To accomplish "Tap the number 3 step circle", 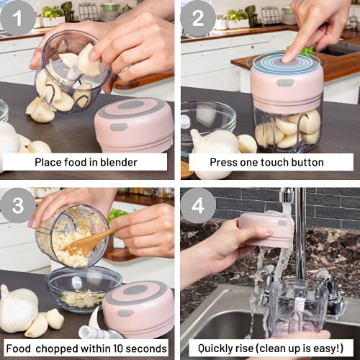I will (17, 206).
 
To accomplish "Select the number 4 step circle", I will (197, 206).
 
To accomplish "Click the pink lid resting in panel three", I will (138, 306).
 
